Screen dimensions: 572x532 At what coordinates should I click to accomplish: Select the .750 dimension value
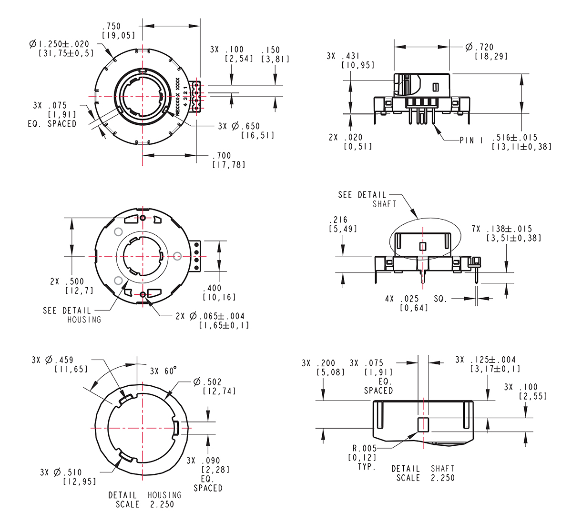tap(112, 26)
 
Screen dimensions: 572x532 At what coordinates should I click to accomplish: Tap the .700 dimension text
tap(222, 155)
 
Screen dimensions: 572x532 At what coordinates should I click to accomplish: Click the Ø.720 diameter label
tap(479, 47)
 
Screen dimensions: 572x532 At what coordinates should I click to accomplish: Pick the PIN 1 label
tap(471, 140)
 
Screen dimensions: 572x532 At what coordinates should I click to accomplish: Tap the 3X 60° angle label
tap(163, 371)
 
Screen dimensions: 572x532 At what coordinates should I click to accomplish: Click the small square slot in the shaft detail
tap(423, 425)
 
